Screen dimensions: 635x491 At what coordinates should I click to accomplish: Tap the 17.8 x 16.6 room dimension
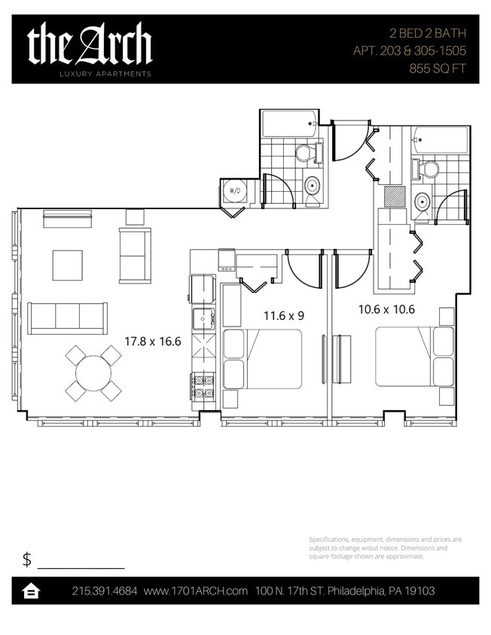pyautogui.click(x=152, y=341)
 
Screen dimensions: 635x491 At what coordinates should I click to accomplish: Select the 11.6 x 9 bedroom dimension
pyautogui.click(x=283, y=316)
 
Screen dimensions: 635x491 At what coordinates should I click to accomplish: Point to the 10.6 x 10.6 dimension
pyautogui.click(x=386, y=308)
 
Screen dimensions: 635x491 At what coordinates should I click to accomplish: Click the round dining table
pyautogui.click(x=93, y=372)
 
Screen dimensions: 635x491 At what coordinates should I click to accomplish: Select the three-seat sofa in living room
pyautogui.click(x=67, y=317)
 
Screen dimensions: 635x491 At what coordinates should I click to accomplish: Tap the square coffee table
pyautogui.click(x=67, y=265)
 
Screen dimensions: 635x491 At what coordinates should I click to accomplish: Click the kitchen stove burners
pyautogui.click(x=203, y=385)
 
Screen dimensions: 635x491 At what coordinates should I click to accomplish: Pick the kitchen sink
pyautogui.click(x=203, y=320)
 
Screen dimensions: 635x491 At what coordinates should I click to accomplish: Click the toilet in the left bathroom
pyautogui.click(x=305, y=153)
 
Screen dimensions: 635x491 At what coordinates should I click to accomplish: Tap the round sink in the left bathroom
pyautogui.click(x=312, y=185)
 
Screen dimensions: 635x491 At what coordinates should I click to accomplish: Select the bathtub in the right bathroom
pyautogui.click(x=441, y=140)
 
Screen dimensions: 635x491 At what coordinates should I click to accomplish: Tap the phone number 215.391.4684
pyautogui.click(x=105, y=591)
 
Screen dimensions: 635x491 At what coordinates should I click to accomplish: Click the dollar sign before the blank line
pyautogui.click(x=27, y=559)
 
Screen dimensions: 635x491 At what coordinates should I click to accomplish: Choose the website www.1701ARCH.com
pyautogui.click(x=196, y=591)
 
